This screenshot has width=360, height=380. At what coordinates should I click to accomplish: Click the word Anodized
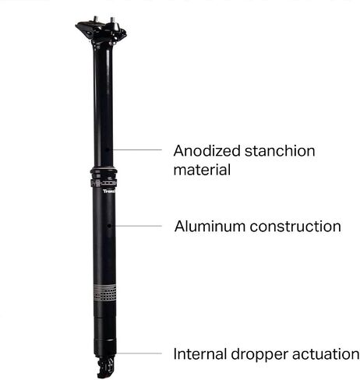206,151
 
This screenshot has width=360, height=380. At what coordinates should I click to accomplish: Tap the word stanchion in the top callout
280,151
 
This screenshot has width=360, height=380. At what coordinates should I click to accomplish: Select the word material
202,170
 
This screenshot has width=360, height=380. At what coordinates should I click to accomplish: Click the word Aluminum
210,226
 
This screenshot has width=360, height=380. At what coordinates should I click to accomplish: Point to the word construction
295,226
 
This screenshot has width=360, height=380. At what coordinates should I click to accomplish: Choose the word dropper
259,355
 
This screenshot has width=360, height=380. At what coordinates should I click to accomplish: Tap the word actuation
326,354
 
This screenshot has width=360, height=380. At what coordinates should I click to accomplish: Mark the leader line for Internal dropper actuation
139,354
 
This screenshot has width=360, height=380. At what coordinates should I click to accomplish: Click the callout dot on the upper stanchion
108,150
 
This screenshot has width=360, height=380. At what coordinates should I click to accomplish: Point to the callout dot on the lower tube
109,226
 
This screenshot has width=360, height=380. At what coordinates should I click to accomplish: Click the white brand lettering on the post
109,192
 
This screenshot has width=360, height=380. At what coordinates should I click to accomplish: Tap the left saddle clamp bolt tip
96,18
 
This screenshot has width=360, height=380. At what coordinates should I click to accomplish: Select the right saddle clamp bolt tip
112,19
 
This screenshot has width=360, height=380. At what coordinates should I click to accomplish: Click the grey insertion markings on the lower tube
104,293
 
